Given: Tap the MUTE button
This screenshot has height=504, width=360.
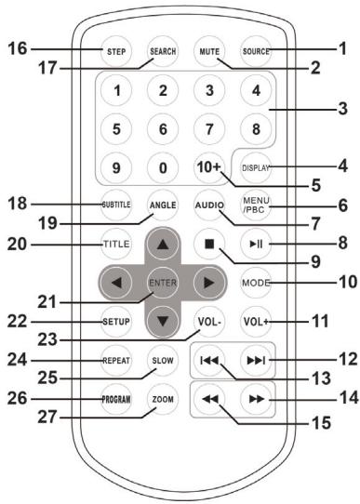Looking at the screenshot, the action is pyautogui.click(x=209, y=51).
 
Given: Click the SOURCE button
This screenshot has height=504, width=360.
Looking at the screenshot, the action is pyautogui.click(x=256, y=51).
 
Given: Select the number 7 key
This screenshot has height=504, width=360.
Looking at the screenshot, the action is pyautogui.click(x=209, y=129).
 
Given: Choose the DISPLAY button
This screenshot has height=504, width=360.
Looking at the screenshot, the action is pyautogui.click(x=256, y=167).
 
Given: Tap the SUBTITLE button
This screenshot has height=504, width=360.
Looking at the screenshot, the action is pyautogui.click(x=116, y=205).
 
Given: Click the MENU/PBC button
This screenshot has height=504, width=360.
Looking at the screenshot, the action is pyautogui.click(x=256, y=205).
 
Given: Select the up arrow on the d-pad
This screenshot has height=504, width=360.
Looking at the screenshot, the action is pyautogui.click(x=163, y=244).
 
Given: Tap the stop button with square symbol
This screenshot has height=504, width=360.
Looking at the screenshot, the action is pyautogui.click(x=209, y=244).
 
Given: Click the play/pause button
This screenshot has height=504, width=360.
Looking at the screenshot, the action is pyautogui.click(x=256, y=244).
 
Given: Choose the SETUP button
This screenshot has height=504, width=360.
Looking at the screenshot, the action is pyautogui.click(x=116, y=322).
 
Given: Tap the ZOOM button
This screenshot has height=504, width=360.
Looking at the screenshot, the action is pyautogui.click(x=163, y=399).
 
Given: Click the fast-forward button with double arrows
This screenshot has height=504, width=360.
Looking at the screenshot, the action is pyautogui.click(x=256, y=399).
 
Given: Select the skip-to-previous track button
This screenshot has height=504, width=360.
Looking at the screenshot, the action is pyautogui.click(x=209, y=361).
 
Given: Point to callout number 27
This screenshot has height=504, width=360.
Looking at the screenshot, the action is pyautogui.click(x=47, y=418).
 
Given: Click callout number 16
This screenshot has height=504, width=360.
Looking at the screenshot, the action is pyautogui.click(x=18, y=49).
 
